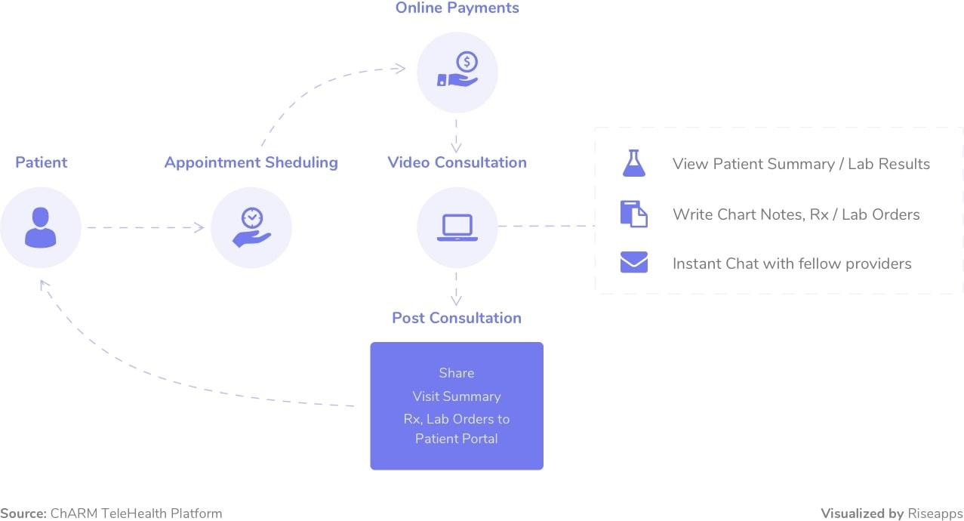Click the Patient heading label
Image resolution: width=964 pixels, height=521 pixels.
click(42, 162)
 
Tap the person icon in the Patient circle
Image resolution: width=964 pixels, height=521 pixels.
click(41, 227)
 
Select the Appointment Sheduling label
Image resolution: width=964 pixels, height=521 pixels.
click(251, 163)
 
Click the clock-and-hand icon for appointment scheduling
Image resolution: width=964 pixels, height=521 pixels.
click(252, 227)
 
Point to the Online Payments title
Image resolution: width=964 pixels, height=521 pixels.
click(457, 8)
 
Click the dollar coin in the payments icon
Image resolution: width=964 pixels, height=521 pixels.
click(467, 62)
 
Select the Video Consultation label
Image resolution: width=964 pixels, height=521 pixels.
click(457, 162)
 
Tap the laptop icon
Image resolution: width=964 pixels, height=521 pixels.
click(457, 227)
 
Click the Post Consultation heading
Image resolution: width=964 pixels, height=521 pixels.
click(457, 318)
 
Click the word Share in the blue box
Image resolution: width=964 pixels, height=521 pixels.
click(457, 373)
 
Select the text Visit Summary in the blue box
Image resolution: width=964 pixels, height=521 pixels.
click(457, 396)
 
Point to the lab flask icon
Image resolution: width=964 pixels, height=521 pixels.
click(634, 163)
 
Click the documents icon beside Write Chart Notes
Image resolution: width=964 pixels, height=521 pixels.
click(634, 214)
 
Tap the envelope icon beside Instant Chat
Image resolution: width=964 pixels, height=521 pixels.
click(634, 262)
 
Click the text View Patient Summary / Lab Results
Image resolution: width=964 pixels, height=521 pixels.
click(802, 164)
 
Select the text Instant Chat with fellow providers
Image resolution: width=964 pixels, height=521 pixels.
click(792, 264)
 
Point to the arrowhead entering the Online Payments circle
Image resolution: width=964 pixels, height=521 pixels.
click(400, 69)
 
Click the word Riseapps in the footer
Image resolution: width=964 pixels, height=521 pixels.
click(935, 513)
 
